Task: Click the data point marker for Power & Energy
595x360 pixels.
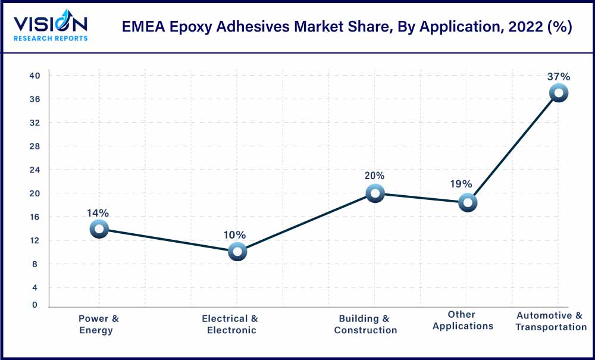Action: tap(99, 228)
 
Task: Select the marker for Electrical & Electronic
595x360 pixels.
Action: tap(237, 252)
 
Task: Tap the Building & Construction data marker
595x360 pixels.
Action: tap(375, 193)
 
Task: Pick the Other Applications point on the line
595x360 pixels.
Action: tap(468, 203)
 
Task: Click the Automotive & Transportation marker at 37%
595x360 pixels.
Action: tap(559, 93)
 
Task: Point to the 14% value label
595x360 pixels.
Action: tap(98, 213)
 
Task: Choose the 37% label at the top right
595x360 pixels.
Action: tap(559, 77)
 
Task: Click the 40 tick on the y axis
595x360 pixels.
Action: tap(35, 76)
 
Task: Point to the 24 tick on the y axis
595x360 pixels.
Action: tap(35, 170)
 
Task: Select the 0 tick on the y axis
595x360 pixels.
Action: tap(35, 305)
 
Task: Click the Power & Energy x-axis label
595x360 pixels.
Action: tap(98, 324)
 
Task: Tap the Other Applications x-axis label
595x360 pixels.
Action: tap(462, 320)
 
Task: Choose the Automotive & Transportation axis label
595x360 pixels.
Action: tap(550, 321)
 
